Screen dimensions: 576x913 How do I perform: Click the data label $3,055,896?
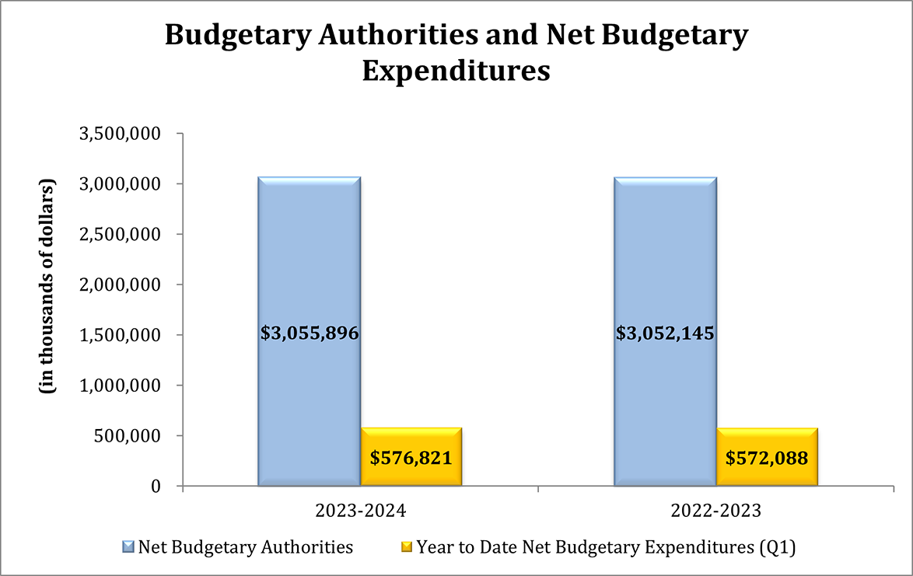tap(309, 333)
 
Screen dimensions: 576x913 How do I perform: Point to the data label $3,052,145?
tap(665, 333)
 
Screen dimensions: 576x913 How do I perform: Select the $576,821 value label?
tap(411, 458)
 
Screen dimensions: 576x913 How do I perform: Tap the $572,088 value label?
tap(767, 458)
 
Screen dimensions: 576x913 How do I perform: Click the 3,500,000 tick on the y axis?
tap(121, 134)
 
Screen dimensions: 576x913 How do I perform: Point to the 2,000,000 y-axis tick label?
tap(121, 285)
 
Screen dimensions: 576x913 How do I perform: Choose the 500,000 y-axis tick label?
tap(128, 435)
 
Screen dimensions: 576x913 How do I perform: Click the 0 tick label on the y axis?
tap(156, 486)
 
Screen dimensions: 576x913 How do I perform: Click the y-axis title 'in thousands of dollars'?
tap(48, 288)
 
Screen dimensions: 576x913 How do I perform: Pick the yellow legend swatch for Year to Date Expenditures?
tap(407, 547)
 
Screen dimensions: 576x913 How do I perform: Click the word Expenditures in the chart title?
tap(456, 71)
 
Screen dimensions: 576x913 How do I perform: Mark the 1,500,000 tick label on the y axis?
tap(121, 335)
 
